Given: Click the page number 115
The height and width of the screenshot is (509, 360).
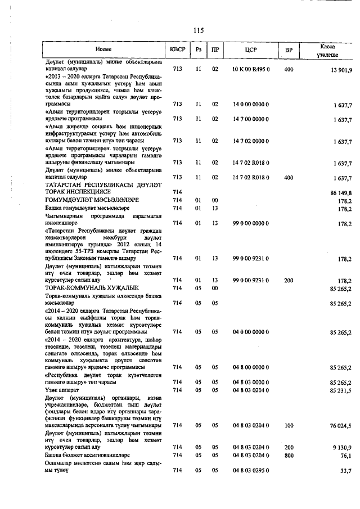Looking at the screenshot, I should pos(197,30).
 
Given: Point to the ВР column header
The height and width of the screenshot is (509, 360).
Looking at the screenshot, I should pos(289,50).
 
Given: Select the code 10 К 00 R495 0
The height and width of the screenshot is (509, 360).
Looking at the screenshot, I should pos(251,69).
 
